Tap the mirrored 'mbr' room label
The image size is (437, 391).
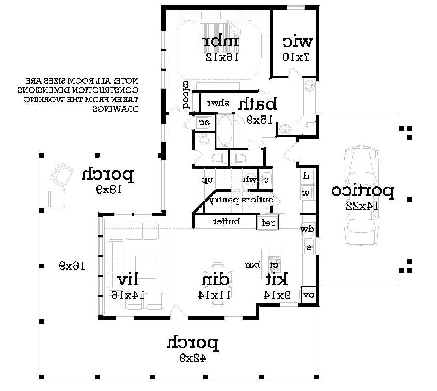pyautogui.click(x=221, y=42)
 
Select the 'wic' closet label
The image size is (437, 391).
pyautogui.click(x=298, y=42)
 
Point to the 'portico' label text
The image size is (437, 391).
pyautogui.click(x=363, y=191)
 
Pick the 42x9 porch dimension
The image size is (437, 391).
pyautogui.click(x=192, y=358)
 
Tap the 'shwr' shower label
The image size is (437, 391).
pyautogui.click(x=218, y=103)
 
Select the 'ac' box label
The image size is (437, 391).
pyautogui.click(x=205, y=123)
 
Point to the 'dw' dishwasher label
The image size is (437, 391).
pyautogui.click(x=307, y=230)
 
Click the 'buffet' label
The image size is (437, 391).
pyautogui.click(x=227, y=221)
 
